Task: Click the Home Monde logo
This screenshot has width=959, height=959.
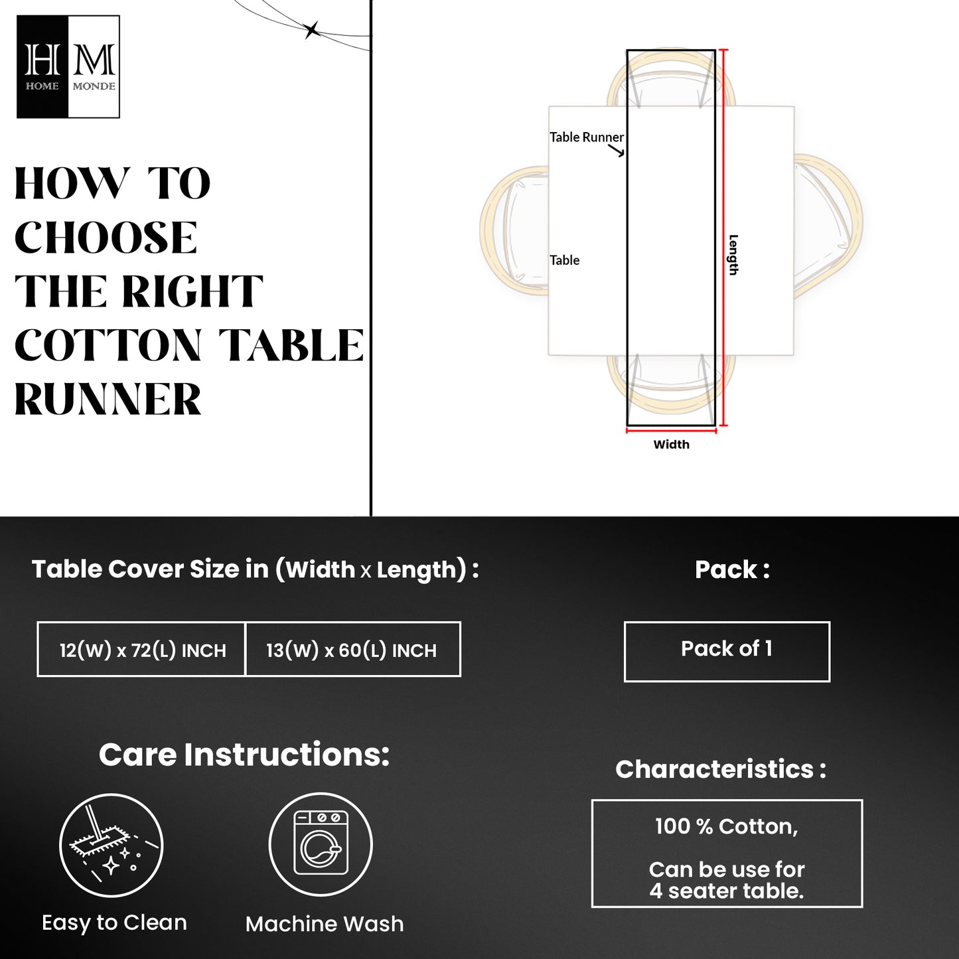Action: click(68, 66)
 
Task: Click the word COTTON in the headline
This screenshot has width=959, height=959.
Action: click(108, 345)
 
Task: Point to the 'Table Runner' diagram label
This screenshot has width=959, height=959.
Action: click(586, 137)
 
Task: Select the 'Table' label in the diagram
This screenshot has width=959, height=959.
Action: click(564, 259)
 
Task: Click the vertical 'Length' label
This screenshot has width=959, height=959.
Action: click(733, 255)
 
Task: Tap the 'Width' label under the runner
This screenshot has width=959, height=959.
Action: click(672, 445)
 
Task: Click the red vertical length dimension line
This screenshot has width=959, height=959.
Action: click(724, 238)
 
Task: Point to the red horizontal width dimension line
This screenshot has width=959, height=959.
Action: click(672, 431)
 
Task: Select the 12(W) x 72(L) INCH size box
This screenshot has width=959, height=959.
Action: click(142, 649)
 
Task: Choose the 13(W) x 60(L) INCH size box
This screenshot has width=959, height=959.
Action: click(353, 649)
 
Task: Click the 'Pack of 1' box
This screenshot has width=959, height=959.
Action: click(727, 652)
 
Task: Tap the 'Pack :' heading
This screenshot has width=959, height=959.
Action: click(732, 570)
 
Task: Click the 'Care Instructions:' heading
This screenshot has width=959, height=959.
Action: click(244, 755)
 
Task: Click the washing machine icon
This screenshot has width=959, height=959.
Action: click(321, 845)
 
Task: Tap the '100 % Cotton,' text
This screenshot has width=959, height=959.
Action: click(727, 827)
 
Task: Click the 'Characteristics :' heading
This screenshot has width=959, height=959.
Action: click(721, 769)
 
